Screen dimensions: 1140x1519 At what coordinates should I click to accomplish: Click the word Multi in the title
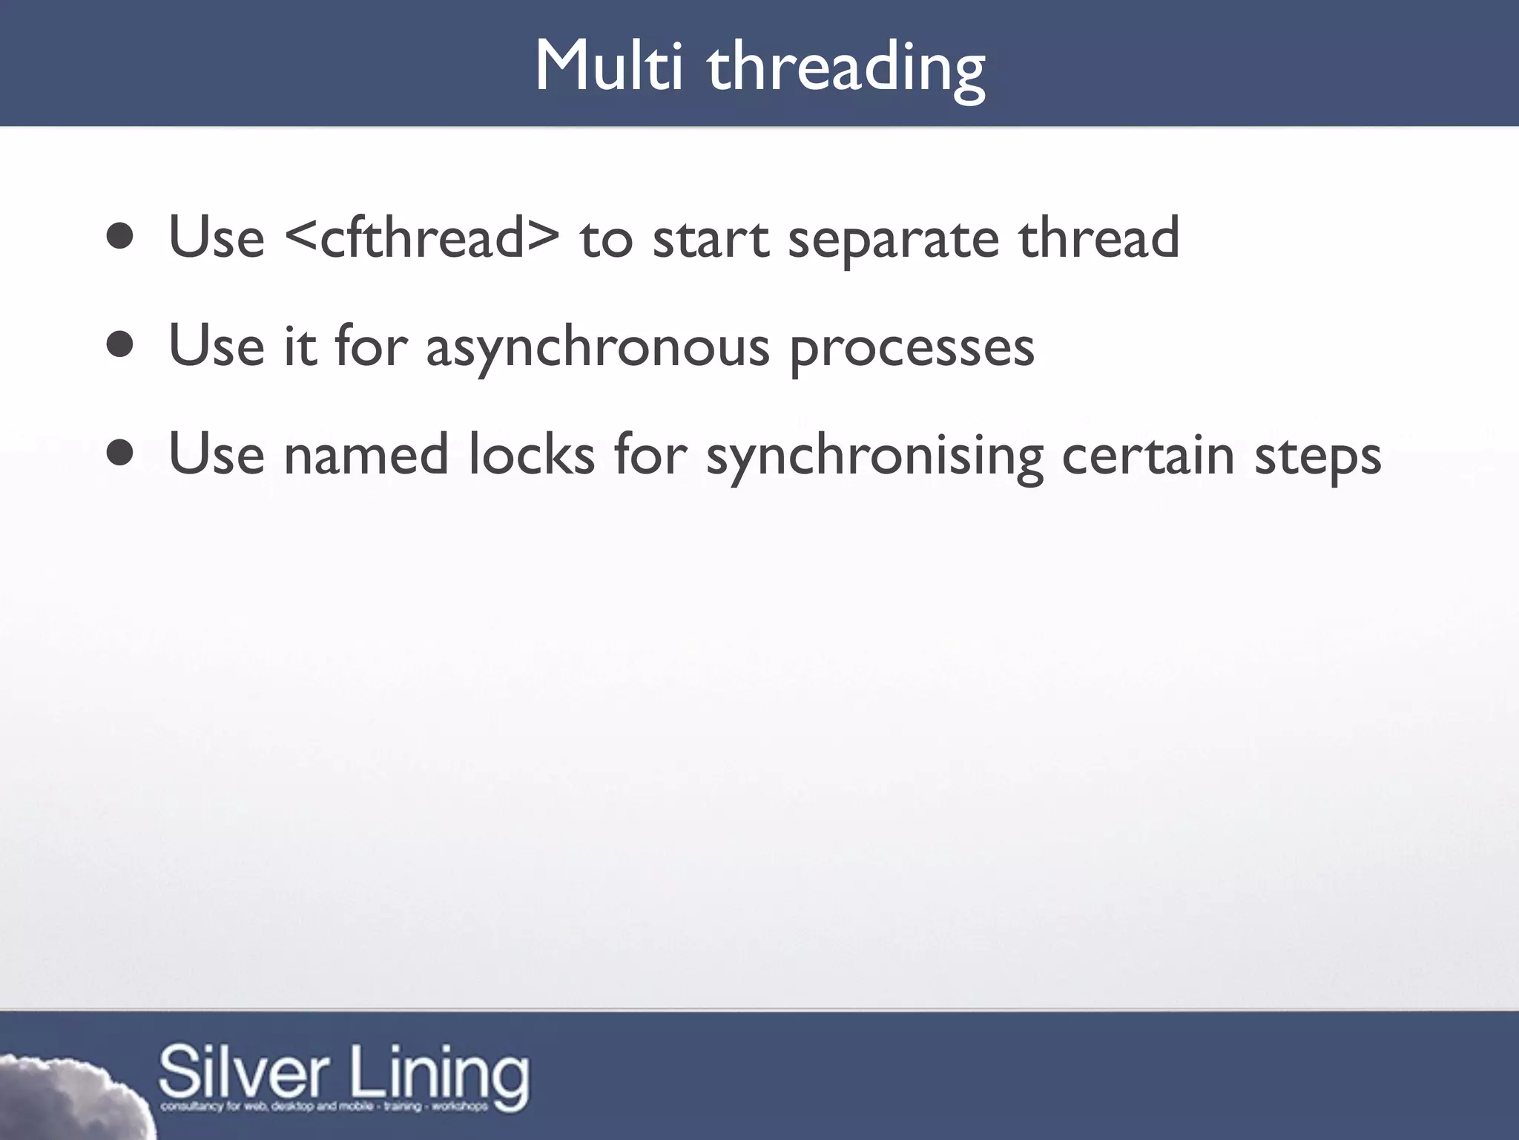click(607, 67)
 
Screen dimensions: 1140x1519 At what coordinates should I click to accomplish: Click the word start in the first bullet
click(711, 239)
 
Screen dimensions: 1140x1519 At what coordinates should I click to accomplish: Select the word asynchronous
click(597, 349)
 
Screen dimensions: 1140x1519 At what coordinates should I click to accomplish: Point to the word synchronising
click(874, 457)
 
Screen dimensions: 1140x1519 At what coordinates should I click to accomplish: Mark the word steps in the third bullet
click(1318, 458)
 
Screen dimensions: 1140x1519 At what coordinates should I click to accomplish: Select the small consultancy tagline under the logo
click(324, 1107)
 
